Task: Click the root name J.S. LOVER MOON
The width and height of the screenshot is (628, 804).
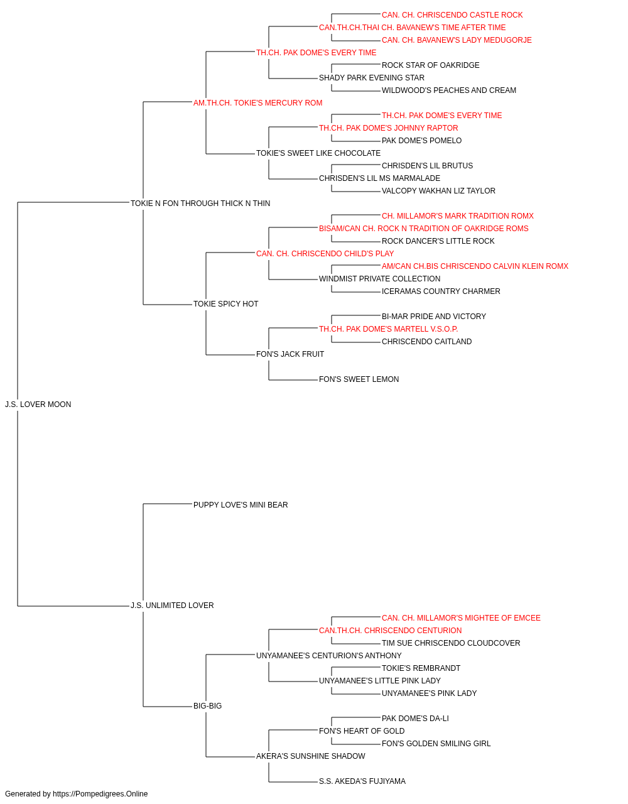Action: tap(38, 405)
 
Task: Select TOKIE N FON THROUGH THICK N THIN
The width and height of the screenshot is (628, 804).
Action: tap(200, 204)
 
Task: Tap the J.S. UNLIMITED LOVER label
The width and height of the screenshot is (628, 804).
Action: tap(172, 606)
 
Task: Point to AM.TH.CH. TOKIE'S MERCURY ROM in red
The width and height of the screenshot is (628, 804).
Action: tap(257, 103)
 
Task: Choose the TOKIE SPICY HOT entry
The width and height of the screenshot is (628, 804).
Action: tap(225, 304)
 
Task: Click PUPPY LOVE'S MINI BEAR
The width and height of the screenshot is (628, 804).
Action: tap(241, 505)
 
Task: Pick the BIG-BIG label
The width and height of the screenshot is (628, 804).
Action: tap(207, 706)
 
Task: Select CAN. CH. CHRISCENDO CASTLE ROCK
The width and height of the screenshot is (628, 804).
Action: tap(452, 15)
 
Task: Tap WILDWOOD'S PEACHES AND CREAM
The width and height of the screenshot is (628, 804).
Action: tap(448, 90)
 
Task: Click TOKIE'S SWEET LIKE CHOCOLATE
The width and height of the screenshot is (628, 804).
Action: tap(318, 153)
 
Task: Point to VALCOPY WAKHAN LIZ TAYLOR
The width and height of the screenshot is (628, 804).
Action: tap(438, 191)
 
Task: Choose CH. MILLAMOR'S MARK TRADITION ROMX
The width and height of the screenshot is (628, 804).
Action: tap(458, 216)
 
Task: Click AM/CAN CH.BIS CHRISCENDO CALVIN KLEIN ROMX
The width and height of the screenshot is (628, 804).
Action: tap(475, 266)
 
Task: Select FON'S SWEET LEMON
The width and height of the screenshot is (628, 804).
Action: tap(359, 379)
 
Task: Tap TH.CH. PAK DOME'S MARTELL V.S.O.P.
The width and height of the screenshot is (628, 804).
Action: tap(388, 329)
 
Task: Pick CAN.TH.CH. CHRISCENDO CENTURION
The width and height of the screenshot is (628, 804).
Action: tap(390, 631)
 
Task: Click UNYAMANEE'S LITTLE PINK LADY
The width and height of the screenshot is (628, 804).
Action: tap(379, 681)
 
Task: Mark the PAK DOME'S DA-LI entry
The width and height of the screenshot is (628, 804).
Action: tap(415, 719)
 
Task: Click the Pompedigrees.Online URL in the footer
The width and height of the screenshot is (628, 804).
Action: tap(100, 794)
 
